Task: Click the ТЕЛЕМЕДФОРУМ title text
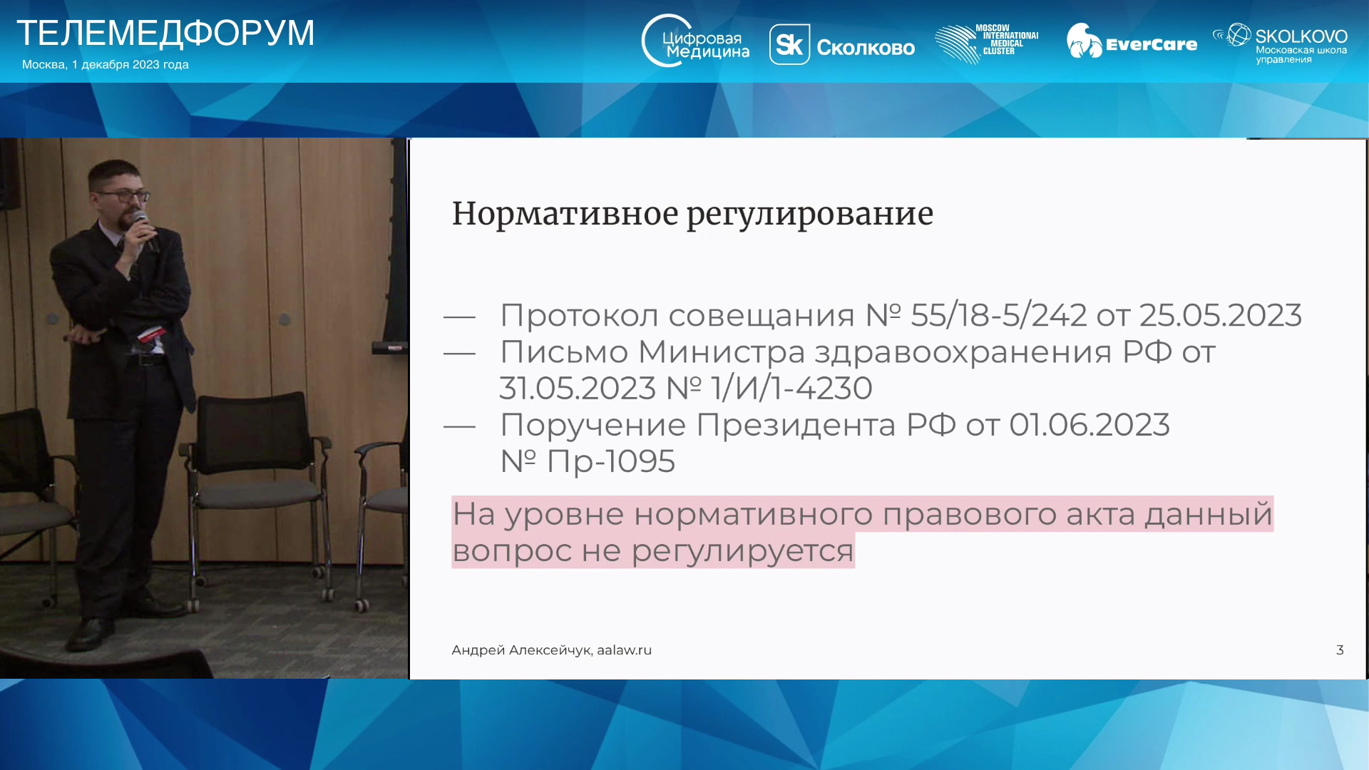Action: pos(165,33)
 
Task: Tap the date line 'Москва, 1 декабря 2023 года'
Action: pos(106,65)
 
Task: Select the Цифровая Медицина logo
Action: pos(695,41)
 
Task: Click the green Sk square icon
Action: pos(789,45)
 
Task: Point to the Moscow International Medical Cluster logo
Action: pos(987,44)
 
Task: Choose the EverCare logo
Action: pos(1132,41)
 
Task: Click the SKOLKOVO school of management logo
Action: pos(1281,43)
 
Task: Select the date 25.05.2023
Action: pos(1221,315)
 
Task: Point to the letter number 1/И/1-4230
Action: pos(792,389)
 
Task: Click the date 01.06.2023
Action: pos(1089,425)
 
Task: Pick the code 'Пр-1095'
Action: pos(610,461)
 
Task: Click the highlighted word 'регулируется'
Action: pos(742,551)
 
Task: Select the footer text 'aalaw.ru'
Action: pos(625,650)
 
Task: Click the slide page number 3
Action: pos(1340,650)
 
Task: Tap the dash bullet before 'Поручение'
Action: pos(459,426)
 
